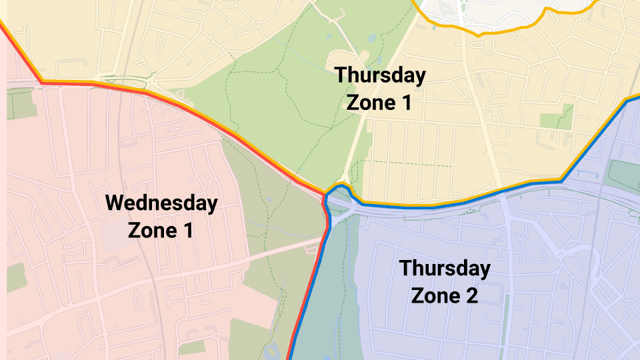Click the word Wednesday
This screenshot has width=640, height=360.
[x=161, y=203]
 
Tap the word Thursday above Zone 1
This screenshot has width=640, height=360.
[x=379, y=75]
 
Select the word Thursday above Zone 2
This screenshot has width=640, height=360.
[x=444, y=269]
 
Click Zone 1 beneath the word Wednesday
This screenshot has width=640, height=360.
[x=161, y=231]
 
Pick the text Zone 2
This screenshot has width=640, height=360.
[x=444, y=295]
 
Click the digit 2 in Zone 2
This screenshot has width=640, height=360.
[x=471, y=295]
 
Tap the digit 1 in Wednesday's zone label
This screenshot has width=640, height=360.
[x=187, y=231]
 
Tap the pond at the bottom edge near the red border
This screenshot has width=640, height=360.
[x=272, y=349]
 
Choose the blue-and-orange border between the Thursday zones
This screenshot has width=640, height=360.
[x=467, y=200]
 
